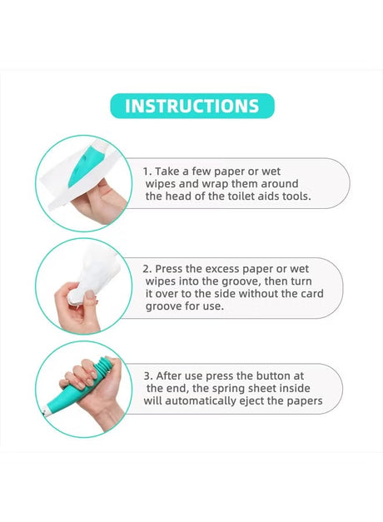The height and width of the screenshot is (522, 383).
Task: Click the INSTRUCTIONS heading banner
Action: (192, 106)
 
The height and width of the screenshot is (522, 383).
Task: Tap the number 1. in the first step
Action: (147, 172)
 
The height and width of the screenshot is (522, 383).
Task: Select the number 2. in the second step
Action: (147, 269)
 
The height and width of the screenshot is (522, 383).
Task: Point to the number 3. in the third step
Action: (148, 376)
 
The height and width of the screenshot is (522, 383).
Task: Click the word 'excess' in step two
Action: (222, 269)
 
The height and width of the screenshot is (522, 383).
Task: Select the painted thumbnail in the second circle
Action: (90, 296)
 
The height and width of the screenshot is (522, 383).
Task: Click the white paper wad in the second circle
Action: (93, 272)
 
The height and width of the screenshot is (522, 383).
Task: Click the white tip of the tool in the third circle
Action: (47, 412)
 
